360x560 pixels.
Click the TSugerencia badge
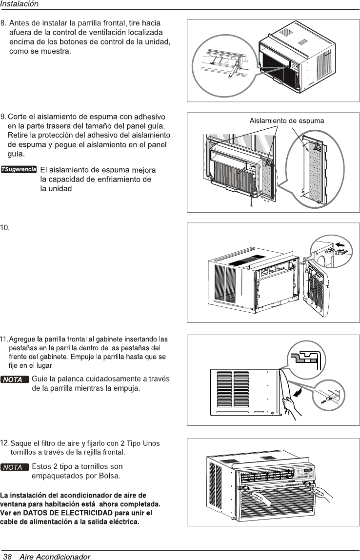(x=19, y=170)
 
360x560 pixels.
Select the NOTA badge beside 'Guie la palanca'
(x=15, y=379)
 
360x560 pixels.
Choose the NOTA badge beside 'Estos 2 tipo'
(x=15, y=467)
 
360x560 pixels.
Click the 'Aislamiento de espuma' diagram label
(x=286, y=120)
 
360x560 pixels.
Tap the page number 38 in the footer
(x=7, y=556)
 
